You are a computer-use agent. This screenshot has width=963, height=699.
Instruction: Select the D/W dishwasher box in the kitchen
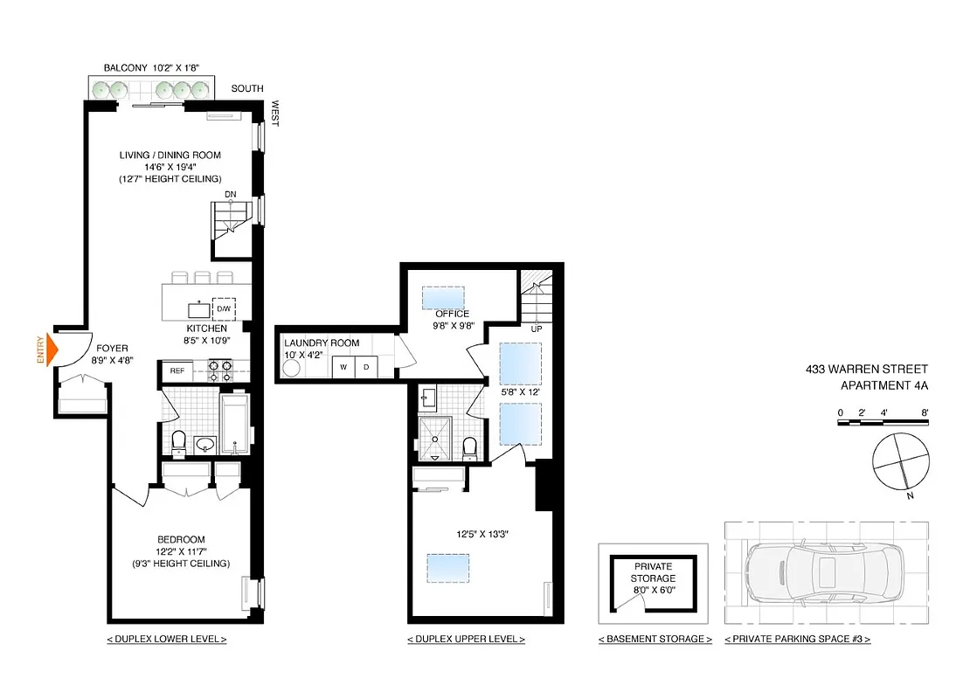[x=224, y=309]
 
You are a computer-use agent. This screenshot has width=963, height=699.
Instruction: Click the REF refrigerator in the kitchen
[x=177, y=370]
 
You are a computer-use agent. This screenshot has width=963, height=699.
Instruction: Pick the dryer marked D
[x=365, y=367]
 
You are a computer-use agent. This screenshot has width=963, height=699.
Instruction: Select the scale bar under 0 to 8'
[x=881, y=422]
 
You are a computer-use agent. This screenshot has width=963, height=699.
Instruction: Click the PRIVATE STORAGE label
[x=654, y=572]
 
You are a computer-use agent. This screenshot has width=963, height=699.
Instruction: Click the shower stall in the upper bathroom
[x=436, y=436]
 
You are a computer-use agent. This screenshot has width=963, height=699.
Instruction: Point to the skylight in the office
[x=443, y=297]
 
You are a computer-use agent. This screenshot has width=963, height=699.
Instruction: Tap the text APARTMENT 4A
[x=883, y=385]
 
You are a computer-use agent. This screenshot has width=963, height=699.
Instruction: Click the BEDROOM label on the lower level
[x=182, y=539]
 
